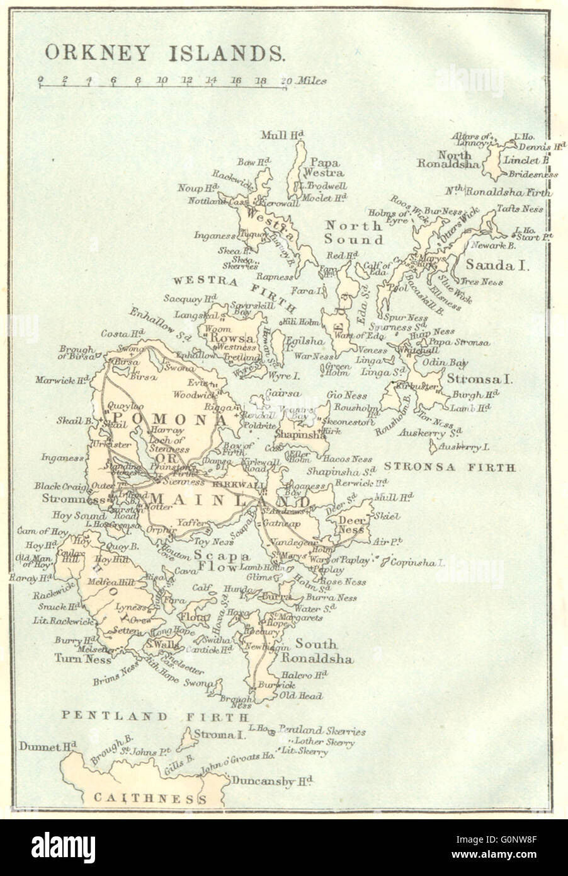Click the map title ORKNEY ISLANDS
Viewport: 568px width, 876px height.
164,52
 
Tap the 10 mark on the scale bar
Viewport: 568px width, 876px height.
162,80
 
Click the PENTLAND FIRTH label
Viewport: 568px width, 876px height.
155,717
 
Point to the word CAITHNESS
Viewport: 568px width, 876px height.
150,798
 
